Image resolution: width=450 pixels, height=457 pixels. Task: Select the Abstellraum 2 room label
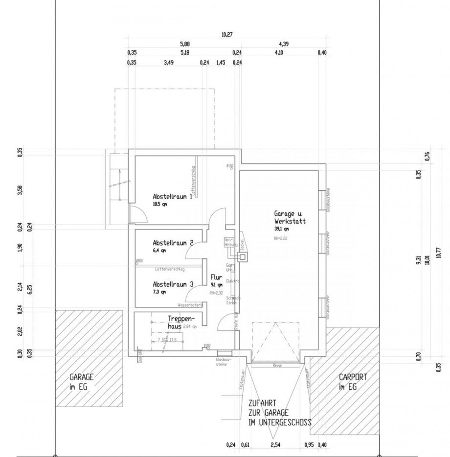point(173,243)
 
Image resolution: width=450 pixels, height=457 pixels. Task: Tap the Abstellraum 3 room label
point(173,284)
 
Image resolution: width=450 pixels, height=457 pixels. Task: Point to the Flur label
point(216,277)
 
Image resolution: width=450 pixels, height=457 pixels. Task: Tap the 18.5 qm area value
point(159,204)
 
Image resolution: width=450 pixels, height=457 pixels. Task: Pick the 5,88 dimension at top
point(184,44)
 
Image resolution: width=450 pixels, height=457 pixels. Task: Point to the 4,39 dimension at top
point(284,44)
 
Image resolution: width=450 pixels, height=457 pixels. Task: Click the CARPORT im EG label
point(353,382)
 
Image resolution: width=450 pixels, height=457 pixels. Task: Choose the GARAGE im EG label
point(81,382)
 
